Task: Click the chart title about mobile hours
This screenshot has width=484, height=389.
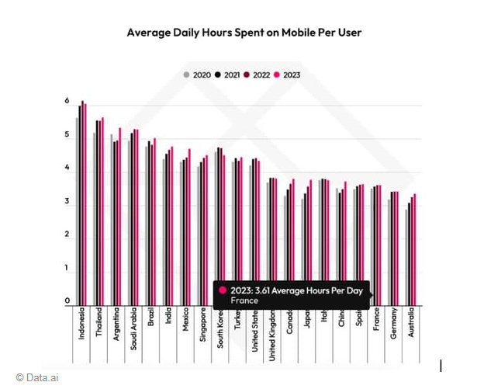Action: click(x=244, y=33)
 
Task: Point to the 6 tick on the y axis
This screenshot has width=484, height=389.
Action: click(x=67, y=102)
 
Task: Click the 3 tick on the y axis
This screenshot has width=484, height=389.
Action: click(x=67, y=202)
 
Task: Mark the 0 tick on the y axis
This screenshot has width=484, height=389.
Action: click(x=67, y=301)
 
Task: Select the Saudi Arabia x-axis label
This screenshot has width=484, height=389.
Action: click(x=134, y=331)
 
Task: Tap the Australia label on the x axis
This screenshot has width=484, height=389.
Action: click(x=412, y=325)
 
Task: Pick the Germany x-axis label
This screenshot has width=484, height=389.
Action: click(x=394, y=324)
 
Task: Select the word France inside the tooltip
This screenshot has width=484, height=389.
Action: click(x=244, y=300)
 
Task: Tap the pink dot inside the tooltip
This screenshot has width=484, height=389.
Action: click(x=223, y=290)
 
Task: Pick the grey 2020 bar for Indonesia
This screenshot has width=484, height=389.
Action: click(x=76, y=210)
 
